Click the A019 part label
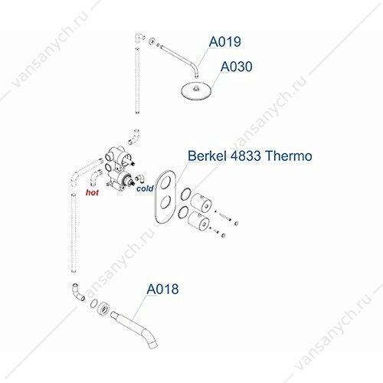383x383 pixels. point(224,42)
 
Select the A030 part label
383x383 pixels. point(237,67)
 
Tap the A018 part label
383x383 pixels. point(162,290)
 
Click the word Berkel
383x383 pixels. point(207,155)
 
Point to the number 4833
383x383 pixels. point(246,155)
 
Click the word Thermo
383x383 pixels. point(289,155)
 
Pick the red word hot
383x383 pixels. point(92,192)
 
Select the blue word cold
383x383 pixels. point(145,188)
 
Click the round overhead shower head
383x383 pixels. point(197,90)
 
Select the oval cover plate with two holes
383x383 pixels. point(165,197)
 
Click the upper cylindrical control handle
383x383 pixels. point(201,202)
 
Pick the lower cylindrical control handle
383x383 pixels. point(198,221)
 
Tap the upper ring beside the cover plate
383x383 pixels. point(185,195)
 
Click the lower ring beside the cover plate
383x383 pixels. point(183,212)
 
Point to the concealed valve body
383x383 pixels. point(119,169)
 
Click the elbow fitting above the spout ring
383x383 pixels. point(77,292)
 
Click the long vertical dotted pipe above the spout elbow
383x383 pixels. point(74,233)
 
